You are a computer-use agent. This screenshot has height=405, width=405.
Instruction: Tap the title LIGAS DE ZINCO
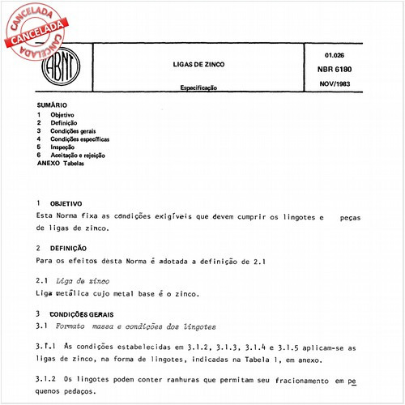(x=200, y=63)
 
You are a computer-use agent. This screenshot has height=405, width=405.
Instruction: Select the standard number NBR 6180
(x=328, y=68)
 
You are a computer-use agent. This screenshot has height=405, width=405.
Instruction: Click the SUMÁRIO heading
(x=52, y=105)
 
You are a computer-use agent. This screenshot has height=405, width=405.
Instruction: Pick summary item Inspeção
(x=66, y=147)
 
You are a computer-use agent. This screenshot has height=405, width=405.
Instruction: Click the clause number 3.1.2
(x=48, y=380)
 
